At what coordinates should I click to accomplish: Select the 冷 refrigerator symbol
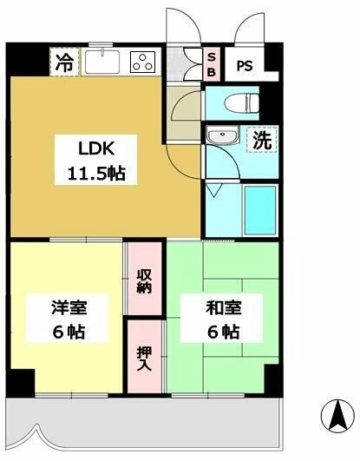coord(64,62)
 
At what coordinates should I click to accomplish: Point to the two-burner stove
coord(141,61)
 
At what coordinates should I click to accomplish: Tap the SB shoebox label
coord(211,63)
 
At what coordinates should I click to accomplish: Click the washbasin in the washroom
coord(222,137)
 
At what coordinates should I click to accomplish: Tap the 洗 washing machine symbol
coord(261,140)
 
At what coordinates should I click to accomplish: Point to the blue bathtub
coord(259,211)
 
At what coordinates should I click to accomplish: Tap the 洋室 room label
coord(66,307)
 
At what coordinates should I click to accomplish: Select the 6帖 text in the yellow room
coord(66,332)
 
